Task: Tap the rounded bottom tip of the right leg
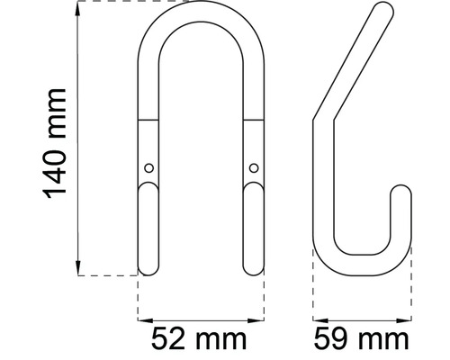(255, 269)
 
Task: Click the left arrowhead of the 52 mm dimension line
(142, 319)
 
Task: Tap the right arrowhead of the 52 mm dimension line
(262, 319)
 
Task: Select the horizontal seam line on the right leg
(255, 120)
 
